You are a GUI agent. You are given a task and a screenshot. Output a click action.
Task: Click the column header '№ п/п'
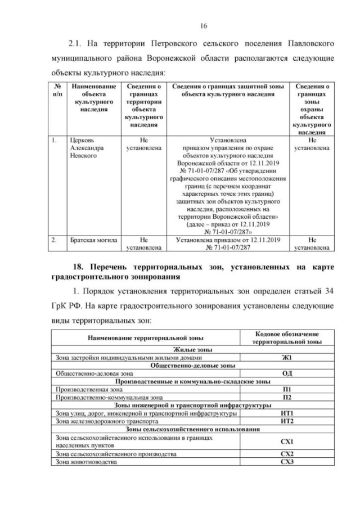tap(57, 90)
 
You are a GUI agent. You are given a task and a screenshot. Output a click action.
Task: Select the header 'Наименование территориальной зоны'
tap(146, 337)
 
